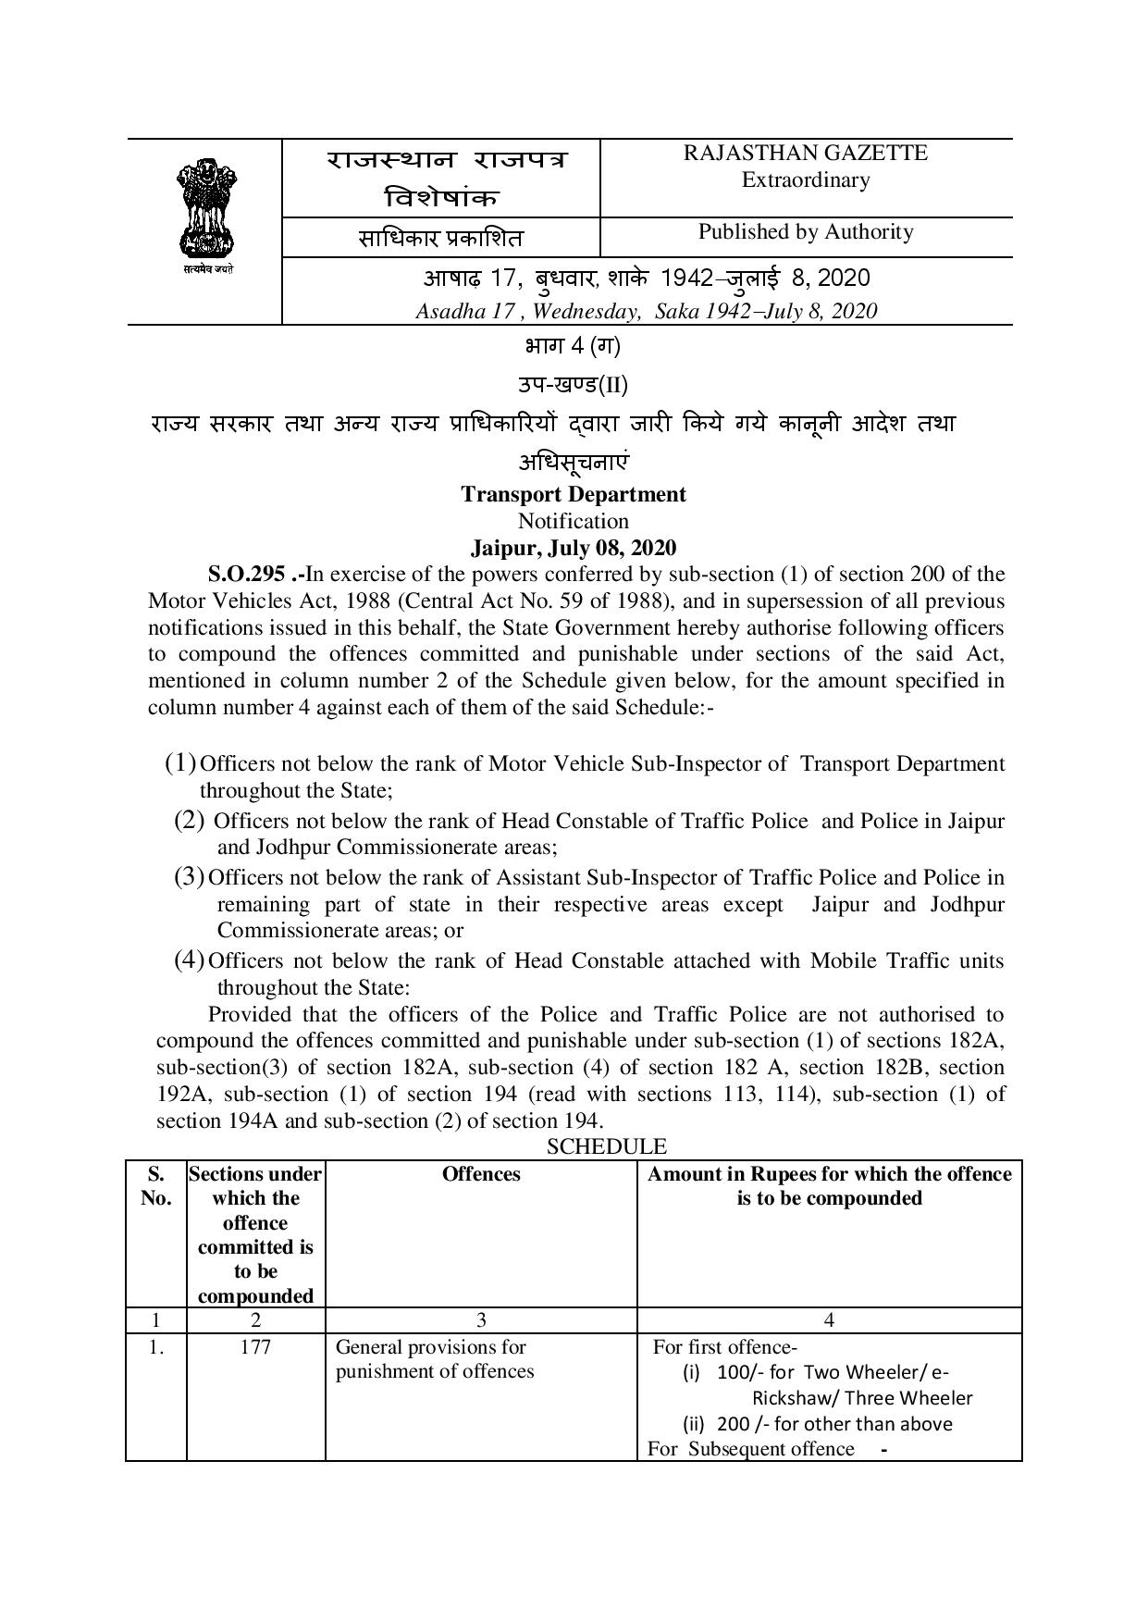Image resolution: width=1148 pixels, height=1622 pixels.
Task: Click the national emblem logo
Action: click(206, 212)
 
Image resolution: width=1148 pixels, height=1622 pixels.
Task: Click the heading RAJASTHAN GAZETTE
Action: click(805, 154)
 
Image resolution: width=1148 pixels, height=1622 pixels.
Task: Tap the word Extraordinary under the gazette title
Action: click(805, 180)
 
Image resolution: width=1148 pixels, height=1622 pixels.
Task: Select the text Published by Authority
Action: click(805, 231)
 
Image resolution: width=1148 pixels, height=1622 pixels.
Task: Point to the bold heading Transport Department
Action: click(574, 494)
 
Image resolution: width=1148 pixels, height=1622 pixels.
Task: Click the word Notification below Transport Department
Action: click(574, 521)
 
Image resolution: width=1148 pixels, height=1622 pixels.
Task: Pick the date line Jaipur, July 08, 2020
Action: click(574, 548)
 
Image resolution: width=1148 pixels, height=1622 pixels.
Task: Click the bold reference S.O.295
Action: click(246, 575)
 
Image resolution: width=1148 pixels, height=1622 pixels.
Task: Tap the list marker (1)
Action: click(180, 763)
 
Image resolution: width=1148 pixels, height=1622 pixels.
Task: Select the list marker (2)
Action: click(189, 820)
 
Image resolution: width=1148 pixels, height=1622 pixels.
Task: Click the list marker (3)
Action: click(189, 876)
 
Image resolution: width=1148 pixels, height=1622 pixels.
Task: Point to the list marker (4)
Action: click(189, 960)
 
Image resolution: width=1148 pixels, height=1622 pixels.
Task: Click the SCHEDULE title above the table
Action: click(606, 1147)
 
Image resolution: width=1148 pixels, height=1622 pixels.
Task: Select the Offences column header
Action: click(481, 1174)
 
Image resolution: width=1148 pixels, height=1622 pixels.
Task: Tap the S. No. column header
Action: click(156, 1186)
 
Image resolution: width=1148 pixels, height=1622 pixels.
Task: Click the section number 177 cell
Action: click(255, 1347)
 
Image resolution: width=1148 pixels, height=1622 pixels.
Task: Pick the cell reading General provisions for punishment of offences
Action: click(435, 1359)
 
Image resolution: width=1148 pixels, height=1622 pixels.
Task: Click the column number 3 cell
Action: click(481, 1320)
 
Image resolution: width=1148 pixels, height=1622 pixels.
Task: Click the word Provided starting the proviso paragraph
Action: click(250, 1014)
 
